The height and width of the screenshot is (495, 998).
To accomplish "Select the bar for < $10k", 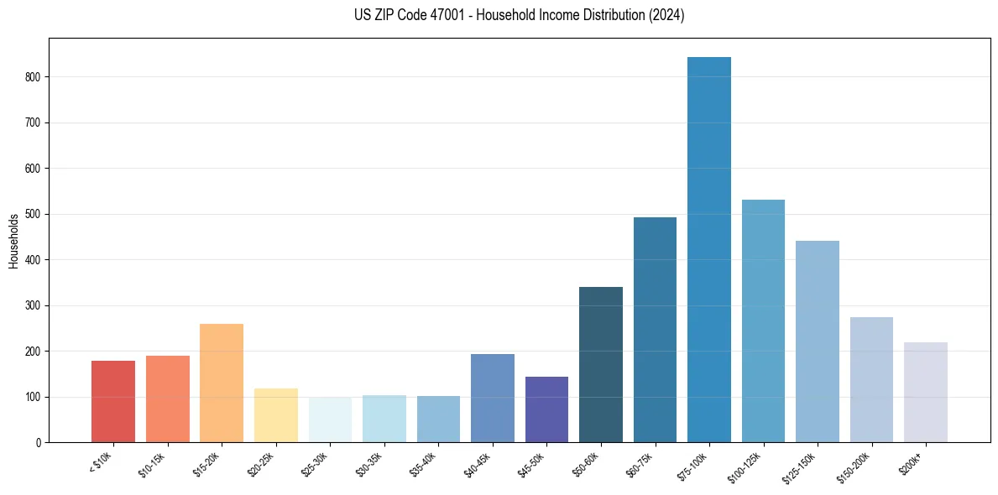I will (x=113, y=402).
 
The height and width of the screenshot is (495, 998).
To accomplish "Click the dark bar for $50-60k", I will (x=601, y=365).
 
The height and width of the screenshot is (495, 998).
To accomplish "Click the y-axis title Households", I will (x=13, y=241).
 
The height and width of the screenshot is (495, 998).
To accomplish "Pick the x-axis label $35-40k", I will (x=423, y=464).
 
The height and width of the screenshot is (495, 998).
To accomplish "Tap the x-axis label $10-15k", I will (x=152, y=464).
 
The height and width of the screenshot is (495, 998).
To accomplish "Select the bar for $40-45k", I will (x=493, y=399).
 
